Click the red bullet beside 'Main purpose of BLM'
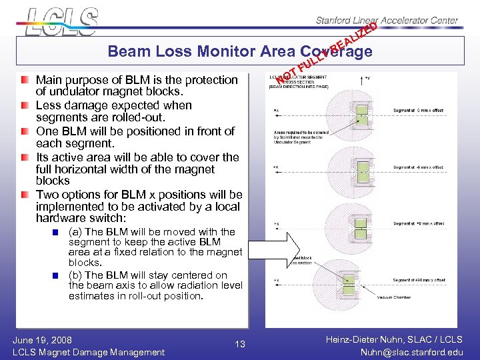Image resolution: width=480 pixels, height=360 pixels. pyautogui.click(x=25, y=80)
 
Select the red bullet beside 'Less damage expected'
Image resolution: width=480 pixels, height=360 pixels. pyautogui.click(x=25, y=105)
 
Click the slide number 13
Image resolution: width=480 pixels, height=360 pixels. pyautogui.click(x=240, y=344)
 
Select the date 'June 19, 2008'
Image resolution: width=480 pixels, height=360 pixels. pyautogui.click(x=43, y=339)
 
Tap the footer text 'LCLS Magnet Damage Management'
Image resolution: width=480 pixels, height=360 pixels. pyautogui.click(x=89, y=352)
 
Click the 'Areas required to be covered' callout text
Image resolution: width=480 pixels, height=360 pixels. pyautogui.click(x=297, y=133)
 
